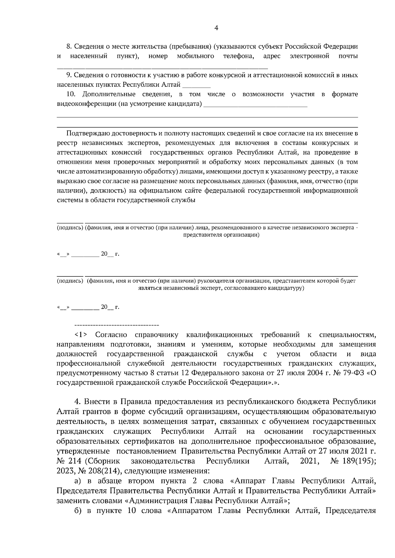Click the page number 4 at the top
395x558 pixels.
(x=216, y=28)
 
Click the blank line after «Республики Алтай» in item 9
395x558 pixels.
(x=196, y=85)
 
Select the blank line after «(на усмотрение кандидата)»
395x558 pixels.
(x=255, y=105)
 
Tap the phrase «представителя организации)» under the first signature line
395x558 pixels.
(x=221, y=235)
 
